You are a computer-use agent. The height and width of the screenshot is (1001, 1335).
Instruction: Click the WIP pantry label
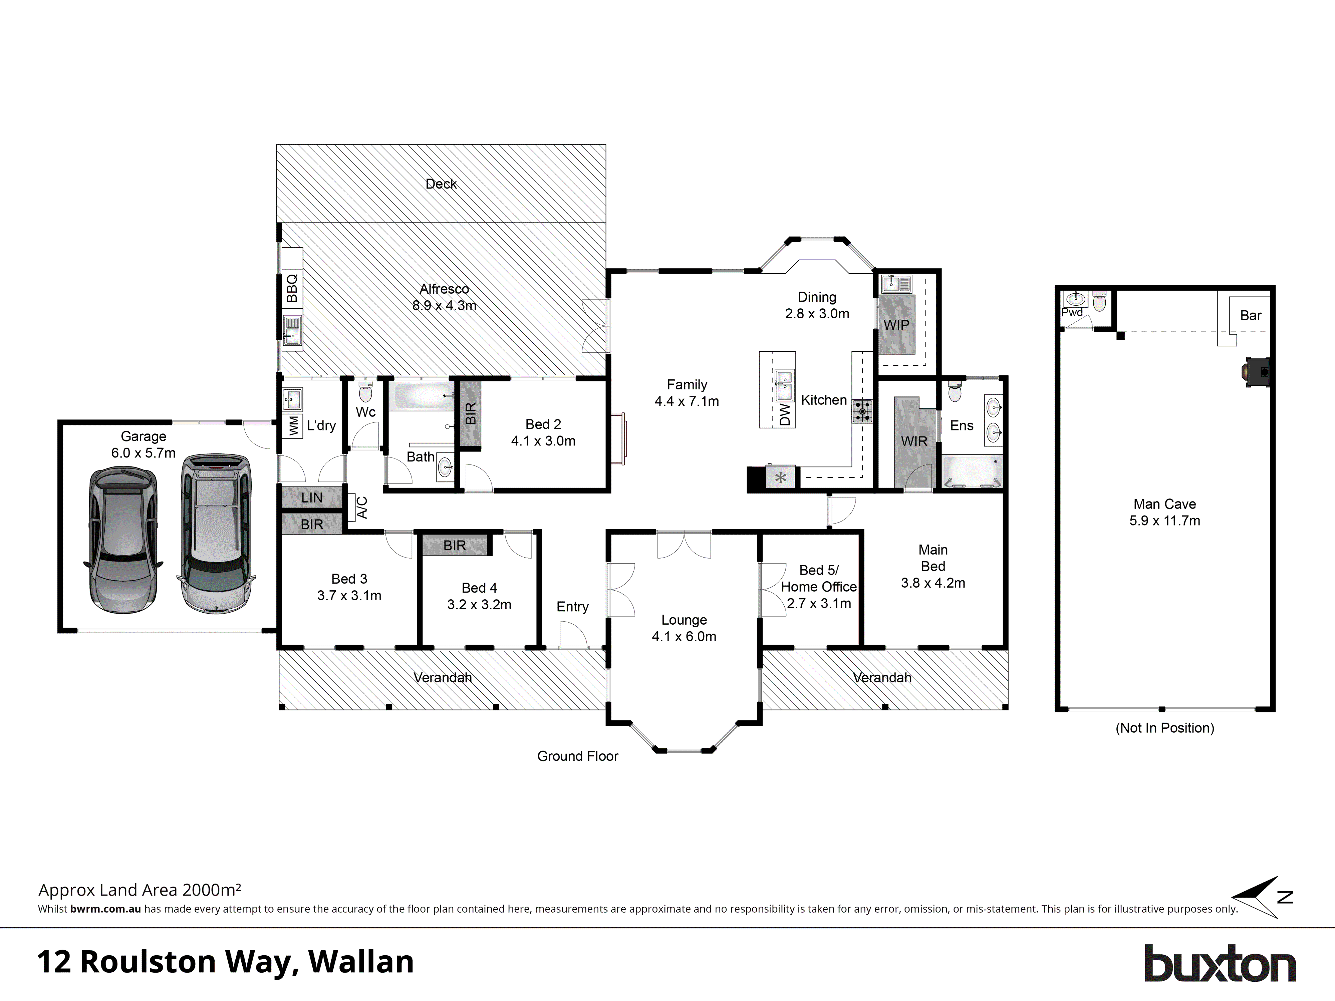click(896, 325)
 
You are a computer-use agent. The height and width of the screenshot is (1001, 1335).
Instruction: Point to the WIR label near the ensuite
click(914, 442)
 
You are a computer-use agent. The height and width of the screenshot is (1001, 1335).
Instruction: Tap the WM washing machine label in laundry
click(293, 425)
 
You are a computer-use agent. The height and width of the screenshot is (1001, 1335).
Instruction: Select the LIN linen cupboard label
click(312, 498)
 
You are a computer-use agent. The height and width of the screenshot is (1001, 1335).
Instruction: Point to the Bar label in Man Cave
click(1251, 316)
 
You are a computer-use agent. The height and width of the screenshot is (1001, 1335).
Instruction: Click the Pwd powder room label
click(1072, 313)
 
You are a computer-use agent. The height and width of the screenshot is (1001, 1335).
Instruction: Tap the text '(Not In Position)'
click(1164, 728)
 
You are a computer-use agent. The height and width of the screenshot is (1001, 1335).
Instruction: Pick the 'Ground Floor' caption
click(578, 756)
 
